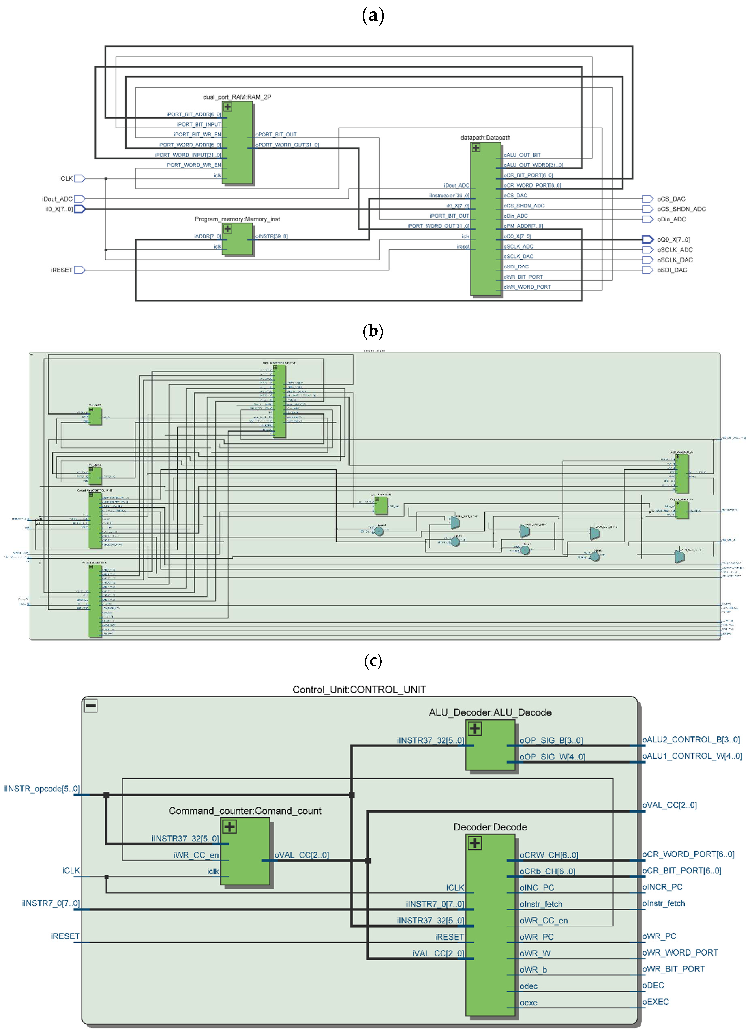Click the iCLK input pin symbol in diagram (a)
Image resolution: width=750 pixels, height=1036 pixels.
[79, 179]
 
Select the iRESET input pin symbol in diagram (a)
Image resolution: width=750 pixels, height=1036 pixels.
[79, 270]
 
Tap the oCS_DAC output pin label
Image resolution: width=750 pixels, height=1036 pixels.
[671, 199]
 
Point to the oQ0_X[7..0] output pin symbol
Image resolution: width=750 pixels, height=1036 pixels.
[647, 239]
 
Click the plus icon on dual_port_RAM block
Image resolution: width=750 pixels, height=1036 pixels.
[227, 107]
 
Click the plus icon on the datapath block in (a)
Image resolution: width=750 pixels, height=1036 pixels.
[476, 148]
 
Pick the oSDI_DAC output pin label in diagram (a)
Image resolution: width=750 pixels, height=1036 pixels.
[672, 270]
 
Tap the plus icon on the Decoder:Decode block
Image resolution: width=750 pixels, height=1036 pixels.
[475, 843]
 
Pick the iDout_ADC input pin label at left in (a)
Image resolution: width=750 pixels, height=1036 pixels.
[57, 199]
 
